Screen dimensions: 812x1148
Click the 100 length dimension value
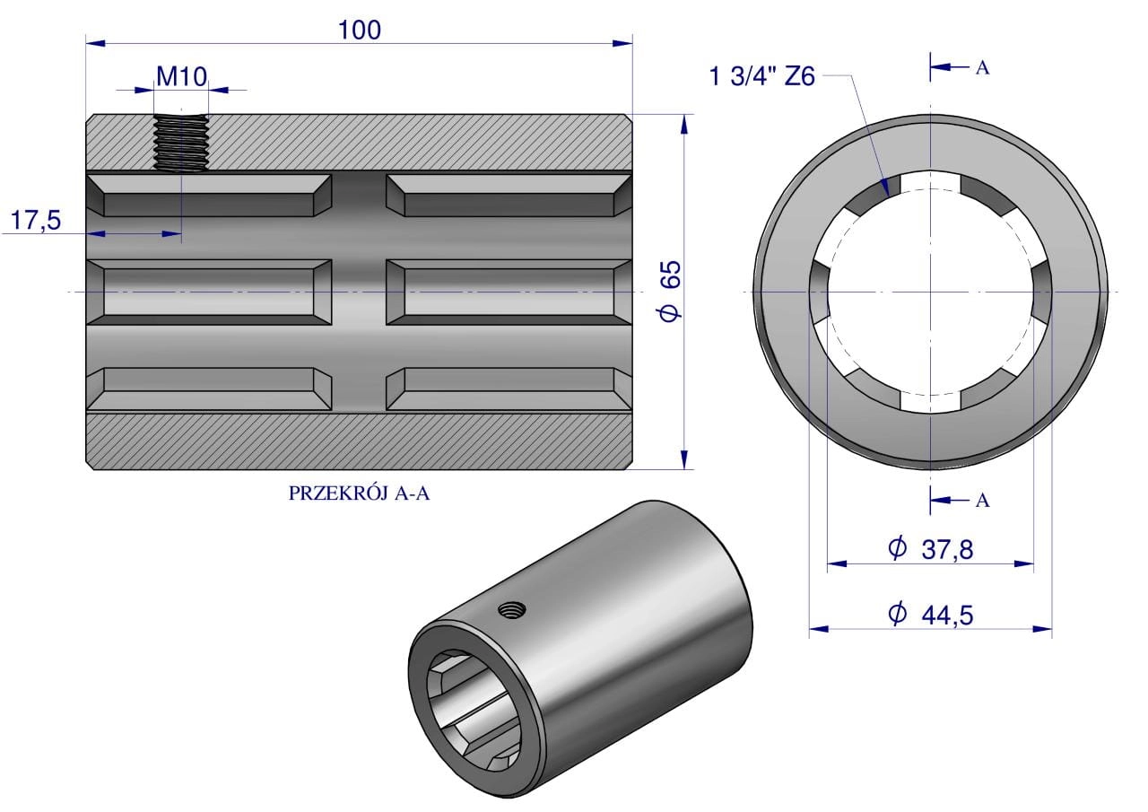click(359, 30)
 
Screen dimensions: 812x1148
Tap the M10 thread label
click(181, 75)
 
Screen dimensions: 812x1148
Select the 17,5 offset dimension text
click(36, 220)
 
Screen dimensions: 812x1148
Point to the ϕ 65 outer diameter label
click(671, 291)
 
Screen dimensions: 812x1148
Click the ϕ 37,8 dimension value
click(930, 548)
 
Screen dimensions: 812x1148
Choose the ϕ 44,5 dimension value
click(930, 614)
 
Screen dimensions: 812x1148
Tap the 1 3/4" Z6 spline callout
click(761, 76)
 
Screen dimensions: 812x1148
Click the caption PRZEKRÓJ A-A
click(359, 493)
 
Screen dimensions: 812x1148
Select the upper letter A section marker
click(982, 68)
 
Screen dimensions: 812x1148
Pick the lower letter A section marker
click(982, 501)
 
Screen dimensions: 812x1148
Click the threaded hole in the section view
click(181, 143)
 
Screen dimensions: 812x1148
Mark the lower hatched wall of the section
click(359, 441)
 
